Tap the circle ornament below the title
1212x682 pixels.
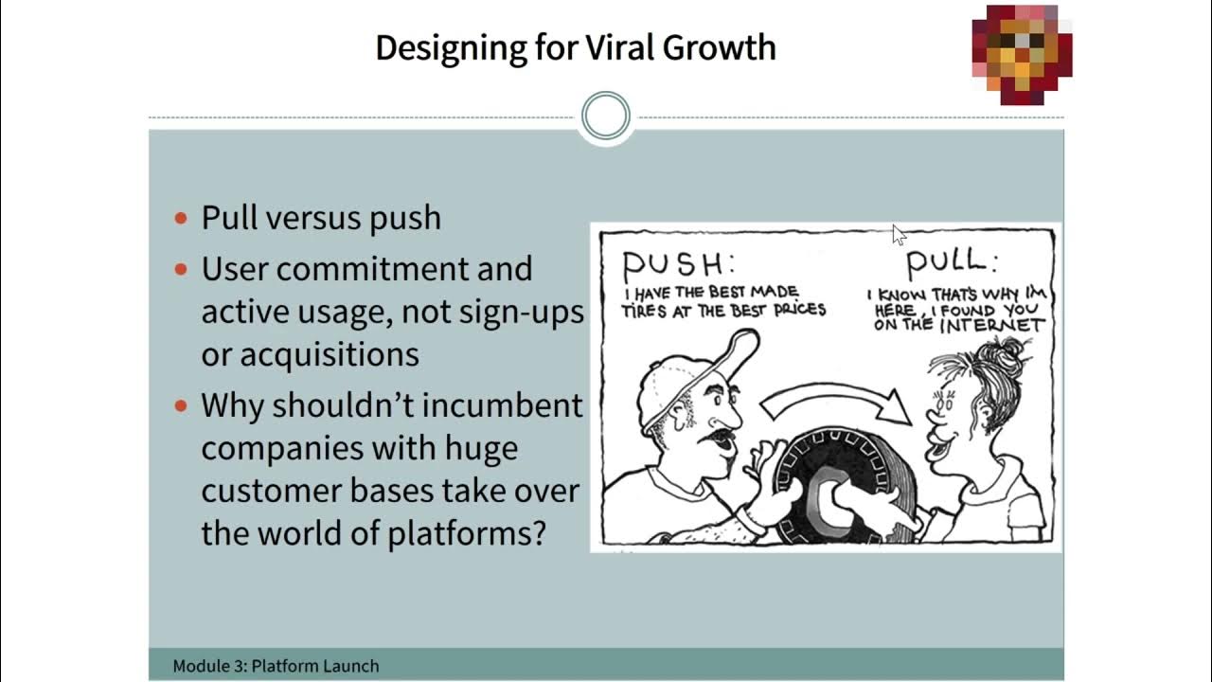606,117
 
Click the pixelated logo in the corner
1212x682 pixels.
1022,54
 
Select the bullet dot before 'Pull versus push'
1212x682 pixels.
182,219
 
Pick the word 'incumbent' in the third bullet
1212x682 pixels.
502,405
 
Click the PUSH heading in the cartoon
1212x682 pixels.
678,263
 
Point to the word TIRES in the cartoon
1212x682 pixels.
644,310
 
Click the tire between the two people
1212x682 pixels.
833,483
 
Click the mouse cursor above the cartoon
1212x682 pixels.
898,234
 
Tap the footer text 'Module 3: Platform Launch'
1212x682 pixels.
276,666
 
